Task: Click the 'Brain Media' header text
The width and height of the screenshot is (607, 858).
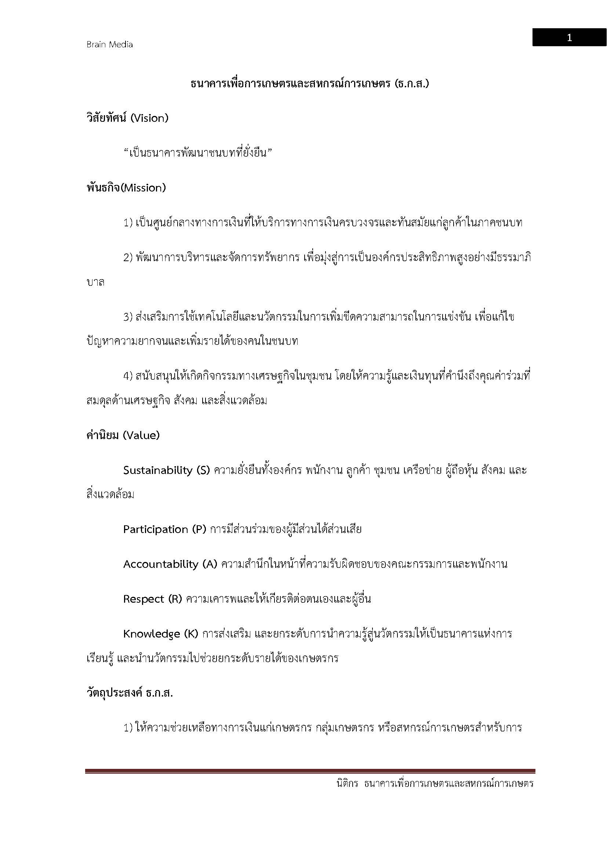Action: click(x=109, y=44)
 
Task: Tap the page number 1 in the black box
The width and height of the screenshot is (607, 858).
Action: click(x=569, y=38)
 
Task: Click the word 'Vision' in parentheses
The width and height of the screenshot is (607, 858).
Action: click(x=149, y=118)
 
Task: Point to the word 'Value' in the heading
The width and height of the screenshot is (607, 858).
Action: click(x=141, y=435)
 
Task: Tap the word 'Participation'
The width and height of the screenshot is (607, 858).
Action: click(x=156, y=529)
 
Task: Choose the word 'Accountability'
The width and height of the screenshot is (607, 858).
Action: click(x=160, y=564)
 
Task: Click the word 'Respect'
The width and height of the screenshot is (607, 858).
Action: click(x=143, y=599)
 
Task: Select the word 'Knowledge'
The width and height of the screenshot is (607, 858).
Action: click(x=151, y=634)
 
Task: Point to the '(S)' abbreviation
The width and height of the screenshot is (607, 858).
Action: click(x=203, y=470)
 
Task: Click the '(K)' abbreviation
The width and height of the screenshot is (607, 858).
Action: click(x=191, y=634)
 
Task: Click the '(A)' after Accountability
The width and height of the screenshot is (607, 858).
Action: click(x=210, y=564)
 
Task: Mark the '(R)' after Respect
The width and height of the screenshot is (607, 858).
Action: click(x=175, y=599)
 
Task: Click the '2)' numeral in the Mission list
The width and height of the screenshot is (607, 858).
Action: click(x=128, y=258)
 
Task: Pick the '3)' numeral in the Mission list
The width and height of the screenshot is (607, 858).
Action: click(x=128, y=317)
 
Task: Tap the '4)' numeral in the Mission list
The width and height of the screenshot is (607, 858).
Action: click(x=128, y=376)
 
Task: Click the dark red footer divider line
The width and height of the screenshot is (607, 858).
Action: click(x=310, y=771)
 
